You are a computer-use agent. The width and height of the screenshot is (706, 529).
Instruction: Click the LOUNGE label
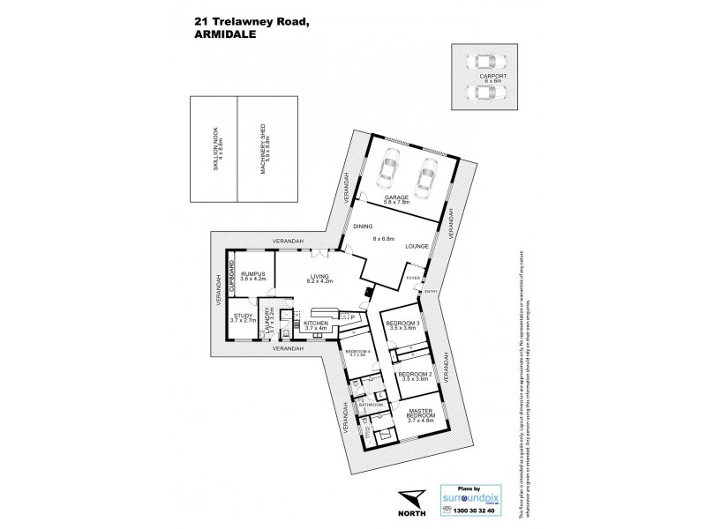coord(417,248)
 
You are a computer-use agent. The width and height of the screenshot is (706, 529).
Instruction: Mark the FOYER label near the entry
coord(413,277)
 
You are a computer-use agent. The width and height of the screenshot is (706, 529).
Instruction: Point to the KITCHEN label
coord(315,326)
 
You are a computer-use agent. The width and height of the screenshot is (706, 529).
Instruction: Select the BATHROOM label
coord(371,405)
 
